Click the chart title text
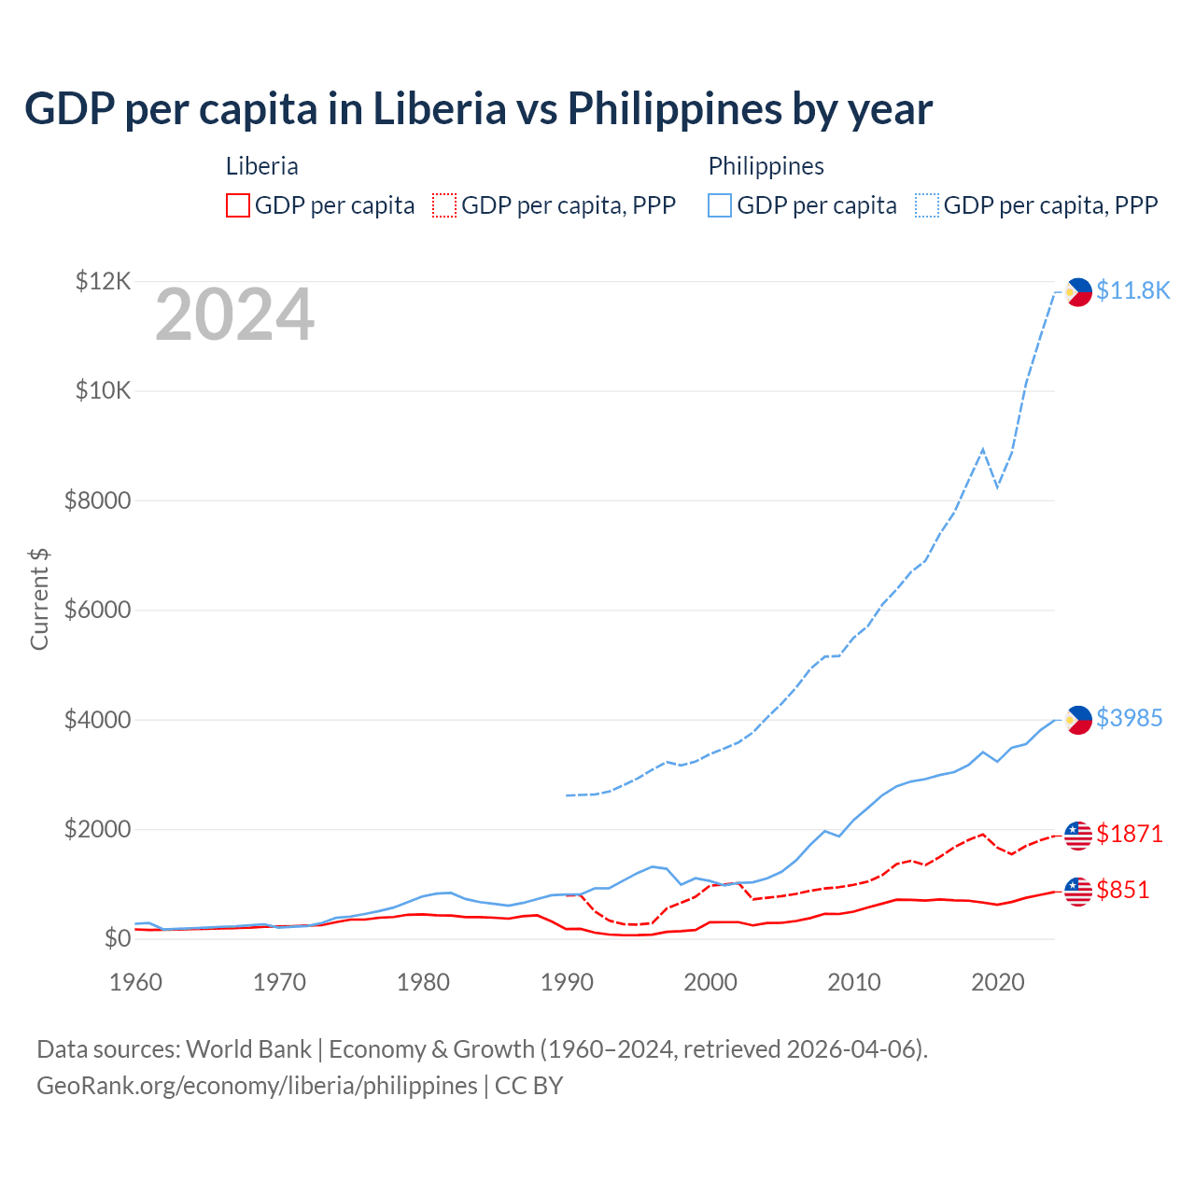pos(478,109)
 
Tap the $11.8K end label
pos(1132,290)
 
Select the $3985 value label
pos(1129,718)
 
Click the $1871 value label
pos(1129,834)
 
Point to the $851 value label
pos(1122,890)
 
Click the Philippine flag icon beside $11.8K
pos(1078,292)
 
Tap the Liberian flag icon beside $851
pos(1078,892)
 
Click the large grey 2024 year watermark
pos(234,316)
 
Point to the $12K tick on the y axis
pos(103,281)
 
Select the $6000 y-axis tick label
pos(97,611)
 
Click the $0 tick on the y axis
pos(116,939)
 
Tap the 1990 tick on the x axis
pos(567,982)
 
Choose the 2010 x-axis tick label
pos(854,982)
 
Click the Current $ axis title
pos(39,599)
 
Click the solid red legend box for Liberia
pos(238,205)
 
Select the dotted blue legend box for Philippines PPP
pos(927,205)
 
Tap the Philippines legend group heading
pos(766,166)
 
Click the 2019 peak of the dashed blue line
pos(983,449)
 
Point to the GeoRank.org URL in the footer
pos(257,1086)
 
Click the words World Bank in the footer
pos(248,1049)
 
